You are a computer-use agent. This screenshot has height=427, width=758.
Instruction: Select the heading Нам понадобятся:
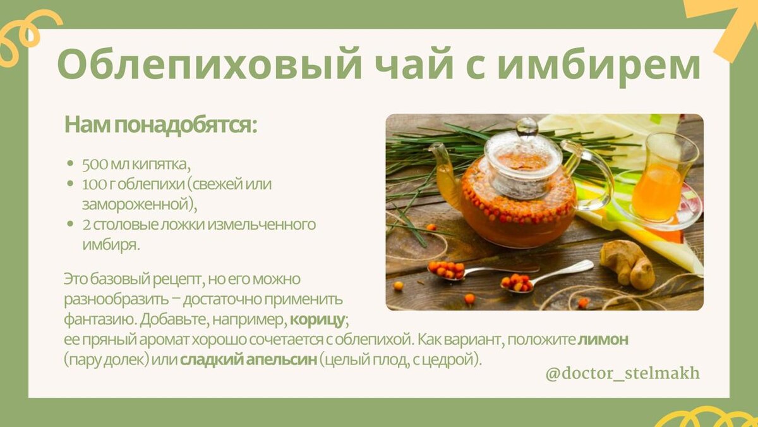click(161, 125)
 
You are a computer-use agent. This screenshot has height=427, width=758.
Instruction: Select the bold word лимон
click(603, 340)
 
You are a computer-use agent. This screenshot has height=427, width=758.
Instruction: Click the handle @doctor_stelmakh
click(622, 373)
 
